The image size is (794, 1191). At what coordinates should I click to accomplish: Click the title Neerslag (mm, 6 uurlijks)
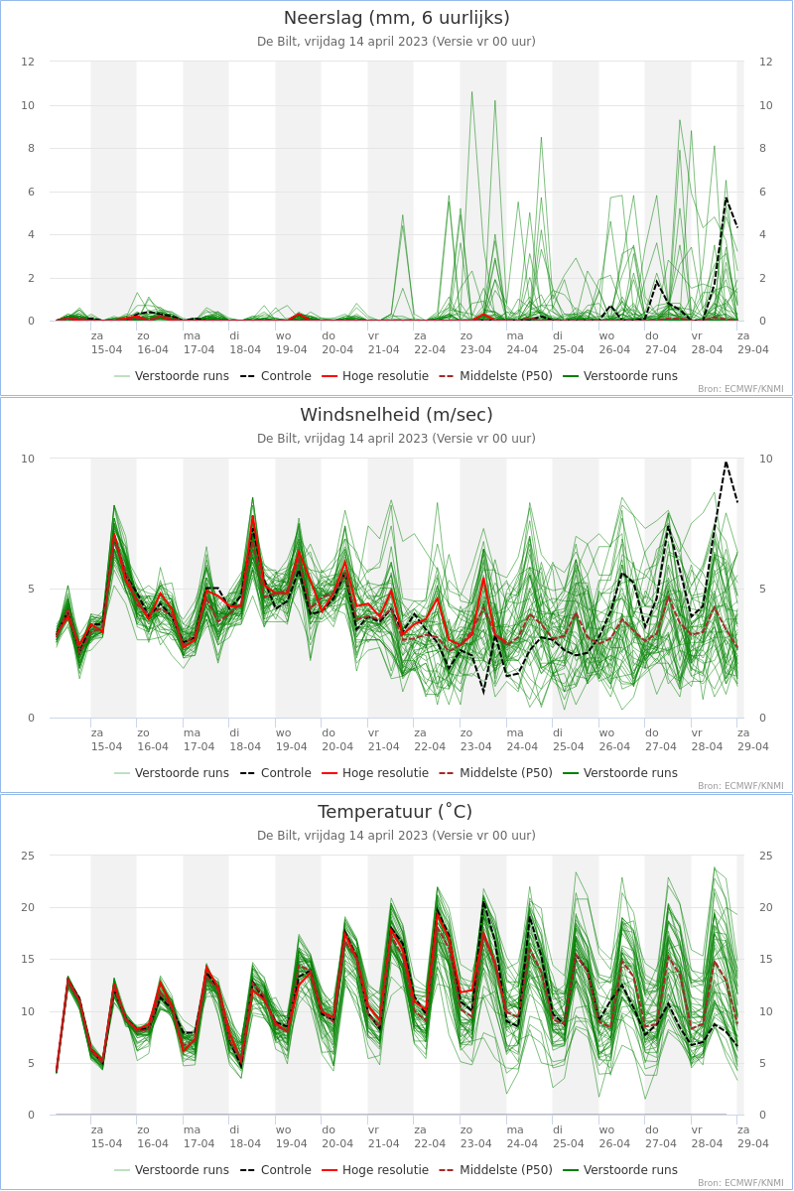(396, 18)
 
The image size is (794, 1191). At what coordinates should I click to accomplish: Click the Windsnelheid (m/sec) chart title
(396, 415)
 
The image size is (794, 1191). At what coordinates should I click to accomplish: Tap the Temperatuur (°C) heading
(395, 812)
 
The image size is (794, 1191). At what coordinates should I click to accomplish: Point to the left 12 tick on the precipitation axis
(28, 62)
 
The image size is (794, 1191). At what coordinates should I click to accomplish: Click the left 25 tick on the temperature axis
(28, 856)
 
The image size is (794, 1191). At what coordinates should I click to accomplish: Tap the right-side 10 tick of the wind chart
(766, 459)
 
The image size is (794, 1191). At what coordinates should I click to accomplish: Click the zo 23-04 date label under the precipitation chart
(475, 343)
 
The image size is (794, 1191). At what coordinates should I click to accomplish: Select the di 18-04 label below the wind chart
(244, 739)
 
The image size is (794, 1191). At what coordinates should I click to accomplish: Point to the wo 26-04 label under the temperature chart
(614, 1136)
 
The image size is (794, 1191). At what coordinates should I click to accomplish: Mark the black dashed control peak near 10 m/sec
(726, 463)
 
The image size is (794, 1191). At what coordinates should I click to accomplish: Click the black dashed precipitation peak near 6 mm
(726, 198)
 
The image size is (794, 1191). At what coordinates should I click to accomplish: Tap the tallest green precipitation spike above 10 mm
(471, 92)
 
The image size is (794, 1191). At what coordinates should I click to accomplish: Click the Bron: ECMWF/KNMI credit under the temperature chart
(740, 1183)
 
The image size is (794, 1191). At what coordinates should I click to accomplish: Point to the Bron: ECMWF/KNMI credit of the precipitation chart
(740, 389)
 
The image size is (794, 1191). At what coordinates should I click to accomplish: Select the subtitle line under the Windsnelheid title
(396, 439)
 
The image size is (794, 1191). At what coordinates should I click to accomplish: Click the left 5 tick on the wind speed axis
(32, 589)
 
